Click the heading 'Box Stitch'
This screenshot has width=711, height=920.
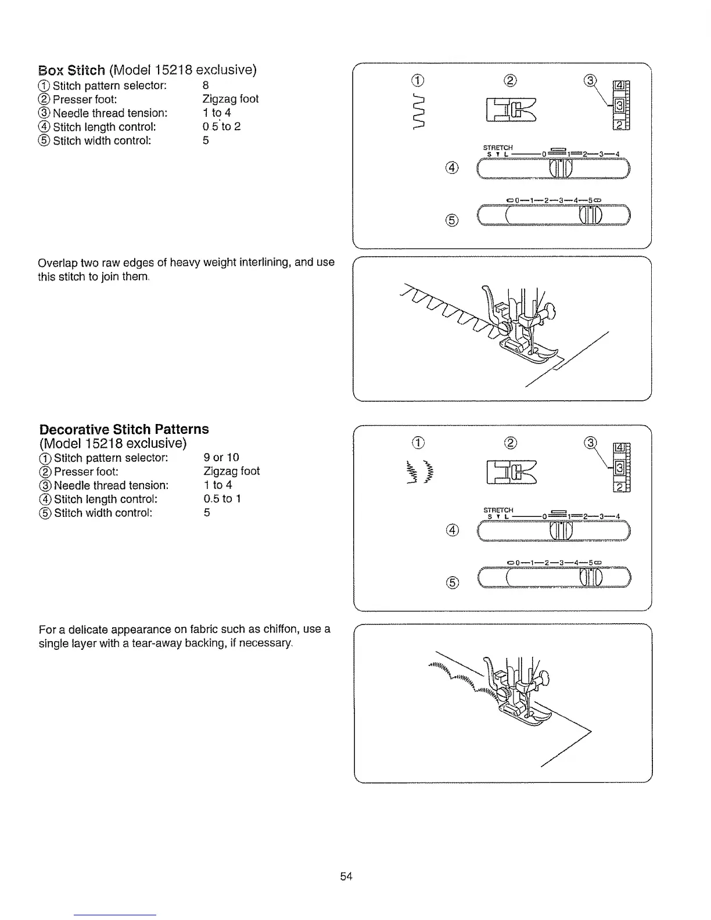(x=71, y=71)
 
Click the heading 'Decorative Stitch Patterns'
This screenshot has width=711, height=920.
(x=124, y=429)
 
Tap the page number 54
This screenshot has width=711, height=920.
(x=347, y=876)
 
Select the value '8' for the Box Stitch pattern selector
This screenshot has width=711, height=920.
(x=206, y=85)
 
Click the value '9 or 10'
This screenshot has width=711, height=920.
(x=221, y=457)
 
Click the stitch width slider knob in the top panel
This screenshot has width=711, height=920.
(x=591, y=215)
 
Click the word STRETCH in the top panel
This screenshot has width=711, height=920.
(x=497, y=148)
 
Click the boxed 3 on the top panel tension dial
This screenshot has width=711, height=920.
(x=619, y=106)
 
